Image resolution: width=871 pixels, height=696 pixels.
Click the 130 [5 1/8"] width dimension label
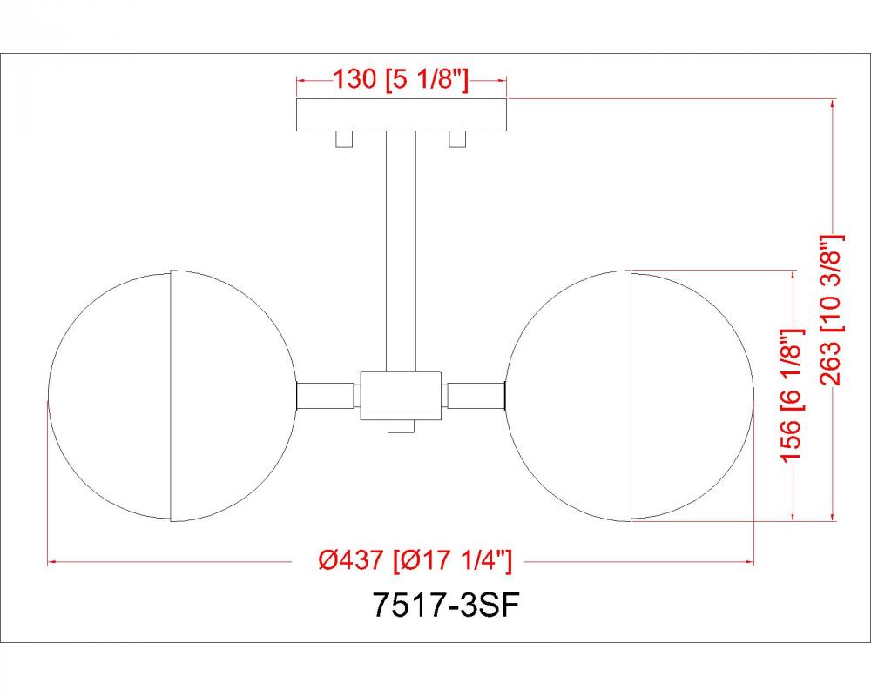[401, 79]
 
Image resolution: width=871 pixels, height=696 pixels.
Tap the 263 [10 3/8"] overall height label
[832, 310]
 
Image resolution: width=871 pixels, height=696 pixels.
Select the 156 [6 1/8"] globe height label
[792, 395]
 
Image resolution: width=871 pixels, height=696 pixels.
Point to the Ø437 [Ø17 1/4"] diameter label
[415, 560]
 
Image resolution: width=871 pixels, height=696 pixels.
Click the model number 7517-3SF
[447, 606]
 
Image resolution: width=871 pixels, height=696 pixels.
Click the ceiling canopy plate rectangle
[402, 115]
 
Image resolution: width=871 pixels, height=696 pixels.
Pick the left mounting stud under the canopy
[344, 139]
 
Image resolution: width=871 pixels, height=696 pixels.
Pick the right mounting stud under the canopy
[457, 139]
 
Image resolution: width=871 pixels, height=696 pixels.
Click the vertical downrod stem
[401, 251]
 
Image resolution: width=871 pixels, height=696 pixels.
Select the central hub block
[401, 395]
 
